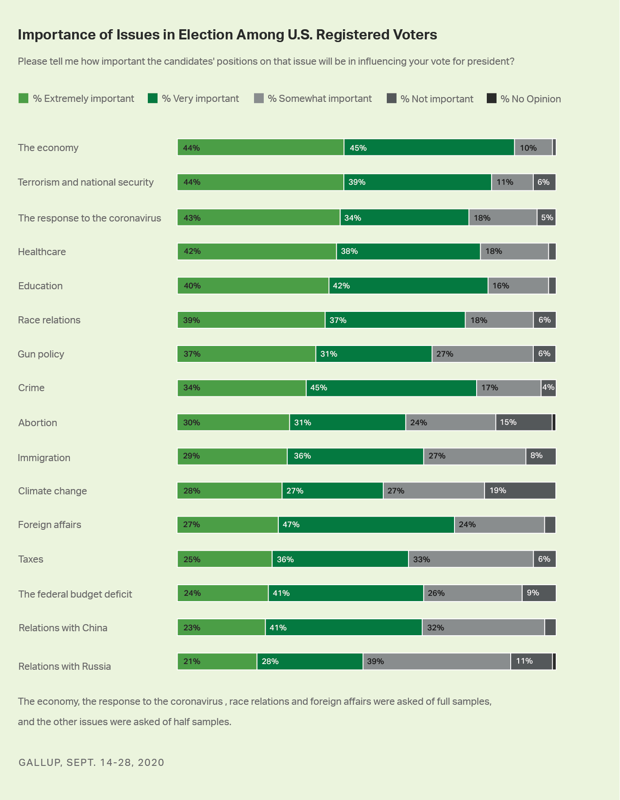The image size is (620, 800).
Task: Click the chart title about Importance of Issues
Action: (227, 35)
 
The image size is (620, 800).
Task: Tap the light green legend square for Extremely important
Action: (23, 98)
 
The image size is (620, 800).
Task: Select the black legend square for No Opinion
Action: (492, 98)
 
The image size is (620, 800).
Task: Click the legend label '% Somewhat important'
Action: (320, 98)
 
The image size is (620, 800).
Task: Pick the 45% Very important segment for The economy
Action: (429, 148)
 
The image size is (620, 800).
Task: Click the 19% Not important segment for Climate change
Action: (520, 491)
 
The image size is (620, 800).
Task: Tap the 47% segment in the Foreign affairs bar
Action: (366, 525)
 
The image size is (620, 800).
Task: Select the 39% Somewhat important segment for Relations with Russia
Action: (437, 661)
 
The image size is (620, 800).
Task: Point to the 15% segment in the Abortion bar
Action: (524, 423)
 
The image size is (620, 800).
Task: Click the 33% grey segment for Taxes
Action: (470, 559)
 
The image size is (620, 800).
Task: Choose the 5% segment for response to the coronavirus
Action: (546, 217)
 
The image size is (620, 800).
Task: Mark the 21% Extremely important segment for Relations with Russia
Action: (217, 661)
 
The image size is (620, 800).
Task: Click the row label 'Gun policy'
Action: (41, 354)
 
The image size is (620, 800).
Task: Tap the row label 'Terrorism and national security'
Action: (86, 183)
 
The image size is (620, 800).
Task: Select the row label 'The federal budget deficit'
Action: (75, 594)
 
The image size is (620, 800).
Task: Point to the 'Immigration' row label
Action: (44, 458)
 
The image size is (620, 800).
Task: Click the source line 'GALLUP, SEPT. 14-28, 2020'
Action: (91, 762)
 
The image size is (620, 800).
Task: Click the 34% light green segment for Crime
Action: (242, 388)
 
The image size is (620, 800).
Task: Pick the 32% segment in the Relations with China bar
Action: (483, 628)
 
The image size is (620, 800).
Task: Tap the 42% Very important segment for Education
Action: (408, 286)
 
